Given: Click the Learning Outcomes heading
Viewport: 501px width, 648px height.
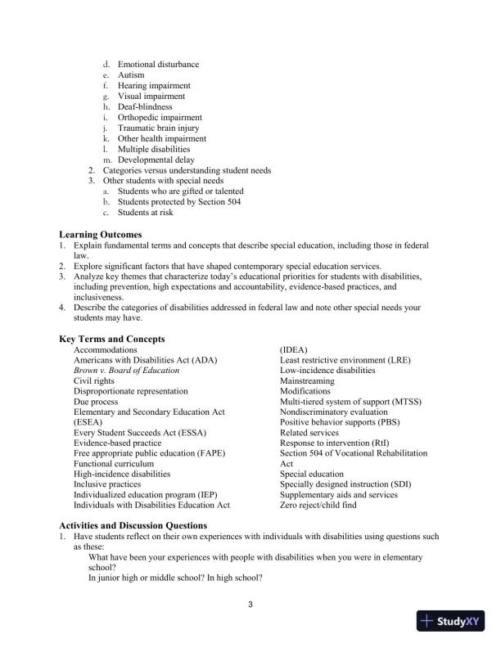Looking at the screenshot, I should tap(100, 235).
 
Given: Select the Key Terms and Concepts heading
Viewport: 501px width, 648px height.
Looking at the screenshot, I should tap(112, 339).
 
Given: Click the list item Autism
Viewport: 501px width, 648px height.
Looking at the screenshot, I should tap(131, 75).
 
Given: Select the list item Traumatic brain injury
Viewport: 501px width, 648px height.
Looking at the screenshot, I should tap(158, 128).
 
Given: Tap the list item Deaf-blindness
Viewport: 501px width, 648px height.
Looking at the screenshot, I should tap(145, 107).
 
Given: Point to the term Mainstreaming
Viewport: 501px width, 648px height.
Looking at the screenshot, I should tap(307, 381).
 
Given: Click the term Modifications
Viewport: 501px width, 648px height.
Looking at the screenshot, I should tap(305, 392).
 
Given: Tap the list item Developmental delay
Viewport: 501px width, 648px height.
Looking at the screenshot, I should tap(156, 160).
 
